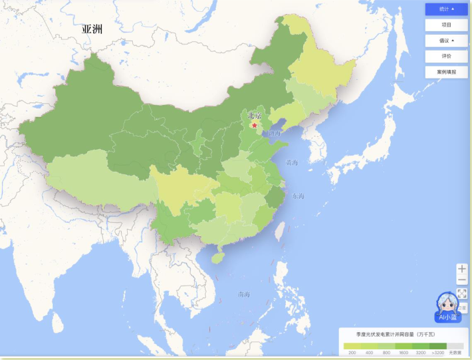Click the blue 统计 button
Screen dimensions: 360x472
(446, 9)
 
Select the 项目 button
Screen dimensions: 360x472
(446, 25)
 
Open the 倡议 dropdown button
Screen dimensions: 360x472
(446, 41)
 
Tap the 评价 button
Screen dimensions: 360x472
(446, 56)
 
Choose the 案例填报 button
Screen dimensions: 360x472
(446, 72)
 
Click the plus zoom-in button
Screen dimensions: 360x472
(462, 269)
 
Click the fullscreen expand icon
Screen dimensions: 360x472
(462, 293)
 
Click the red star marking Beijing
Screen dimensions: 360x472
(253, 124)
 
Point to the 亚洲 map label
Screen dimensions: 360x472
(92, 29)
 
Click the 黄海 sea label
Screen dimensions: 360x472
(292, 162)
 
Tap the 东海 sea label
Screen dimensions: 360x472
(296, 196)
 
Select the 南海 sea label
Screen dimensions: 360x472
(244, 294)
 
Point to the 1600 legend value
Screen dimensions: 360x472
(404, 353)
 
